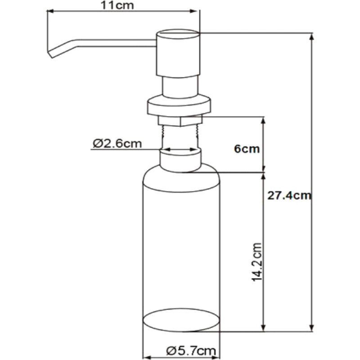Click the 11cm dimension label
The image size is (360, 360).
(x=117, y=5)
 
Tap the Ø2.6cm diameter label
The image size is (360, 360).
(x=117, y=144)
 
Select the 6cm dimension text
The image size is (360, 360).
(x=247, y=149)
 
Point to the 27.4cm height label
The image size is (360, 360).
(x=289, y=196)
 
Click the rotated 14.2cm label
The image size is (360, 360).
(x=256, y=262)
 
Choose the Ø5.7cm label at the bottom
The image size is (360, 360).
(x=191, y=351)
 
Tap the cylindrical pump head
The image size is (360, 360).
(x=178, y=53)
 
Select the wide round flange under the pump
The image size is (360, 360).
(x=179, y=106)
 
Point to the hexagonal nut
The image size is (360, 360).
(x=180, y=121)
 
